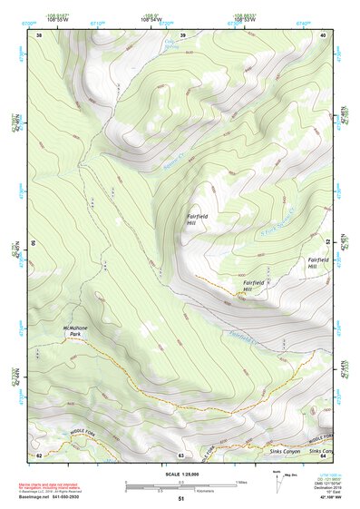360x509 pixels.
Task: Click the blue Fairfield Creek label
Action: [243, 336]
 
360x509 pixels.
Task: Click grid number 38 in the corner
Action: [39, 35]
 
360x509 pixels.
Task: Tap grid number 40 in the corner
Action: [324, 34]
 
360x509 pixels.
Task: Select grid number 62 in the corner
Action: [39, 455]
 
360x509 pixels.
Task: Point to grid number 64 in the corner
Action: [323, 455]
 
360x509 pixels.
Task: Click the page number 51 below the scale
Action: [181, 499]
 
